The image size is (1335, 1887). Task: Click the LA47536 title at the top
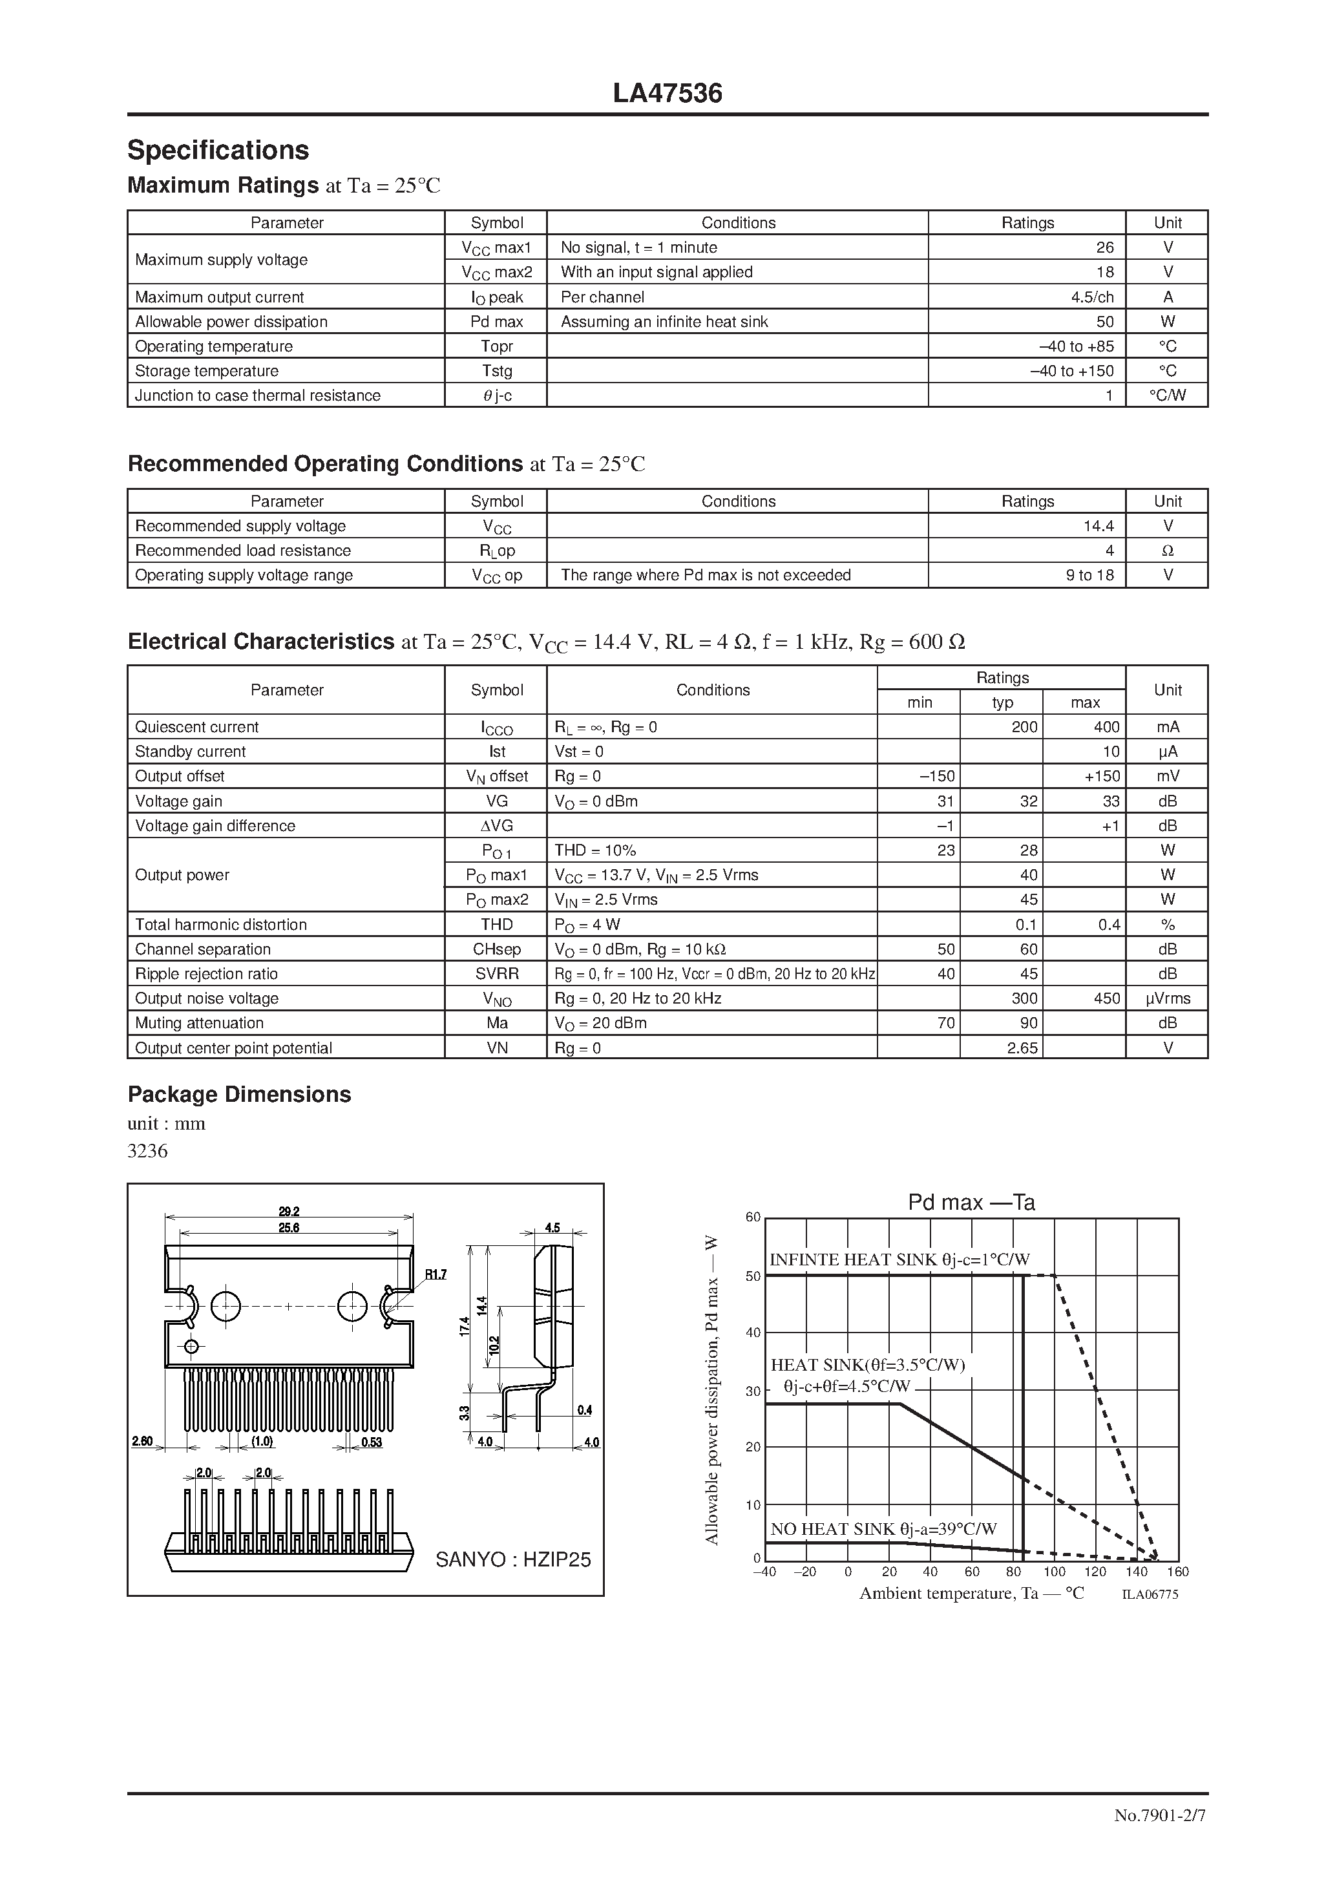(x=667, y=94)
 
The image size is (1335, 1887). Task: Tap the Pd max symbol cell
(x=496, y=321)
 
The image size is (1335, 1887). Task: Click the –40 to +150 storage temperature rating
(x=1072, y=371)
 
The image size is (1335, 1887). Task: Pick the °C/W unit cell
(x=1166, y=395)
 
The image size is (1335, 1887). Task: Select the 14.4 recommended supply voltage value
(x=1098, y=526)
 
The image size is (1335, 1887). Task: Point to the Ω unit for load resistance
(x=1166, y=551)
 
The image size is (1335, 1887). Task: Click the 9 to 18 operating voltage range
(x=1089, y=575)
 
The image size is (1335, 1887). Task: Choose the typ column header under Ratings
(x=1002, y=702)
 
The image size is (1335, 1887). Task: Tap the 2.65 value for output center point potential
(x=1022, y=1048)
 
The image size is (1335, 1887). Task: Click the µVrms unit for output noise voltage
(x=1166, y=998)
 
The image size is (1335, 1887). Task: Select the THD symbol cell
(x=496, y=925)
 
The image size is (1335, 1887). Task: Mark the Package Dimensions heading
(x=239, y=1095)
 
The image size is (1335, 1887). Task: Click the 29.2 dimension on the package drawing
(x=289, y=1210)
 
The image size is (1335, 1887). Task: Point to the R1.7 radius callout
(x=435, y=1275)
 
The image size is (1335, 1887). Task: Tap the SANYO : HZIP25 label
(x=513, y=1560)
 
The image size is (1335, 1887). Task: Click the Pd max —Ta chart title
(x=971, y=1203)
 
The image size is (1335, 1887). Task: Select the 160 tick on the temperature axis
(x=1177, y=1572)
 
